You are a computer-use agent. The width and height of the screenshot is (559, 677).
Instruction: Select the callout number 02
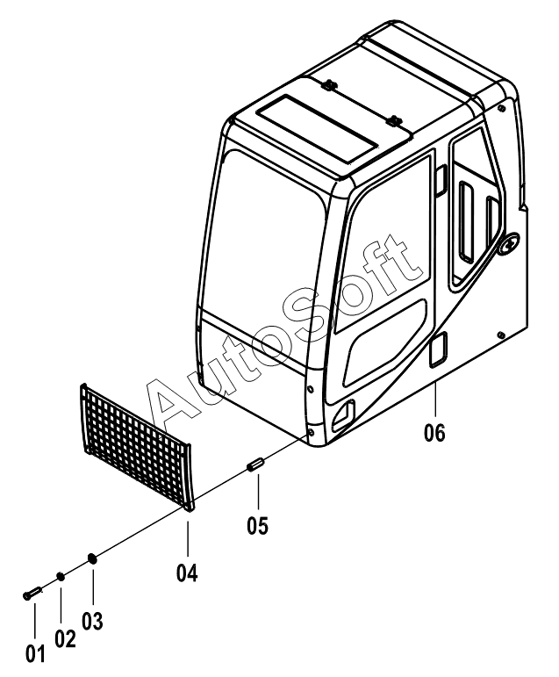(x=65, y=638)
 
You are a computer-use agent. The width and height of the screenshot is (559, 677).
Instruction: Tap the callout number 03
(x=93, y=621)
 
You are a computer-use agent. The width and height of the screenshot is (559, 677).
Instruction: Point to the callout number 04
(x=187, y=573)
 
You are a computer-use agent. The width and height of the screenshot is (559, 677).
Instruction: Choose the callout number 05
(x=258, y=525)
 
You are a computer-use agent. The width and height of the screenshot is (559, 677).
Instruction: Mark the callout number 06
(x=434, y=433)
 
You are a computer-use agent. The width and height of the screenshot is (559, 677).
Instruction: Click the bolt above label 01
(x=32, y=593)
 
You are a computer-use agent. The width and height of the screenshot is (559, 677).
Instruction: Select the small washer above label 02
(x=61, y=576)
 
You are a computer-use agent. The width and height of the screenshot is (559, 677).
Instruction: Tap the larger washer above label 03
(x=92, y=558)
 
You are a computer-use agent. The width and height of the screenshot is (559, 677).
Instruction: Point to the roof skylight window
(x=317, y=130)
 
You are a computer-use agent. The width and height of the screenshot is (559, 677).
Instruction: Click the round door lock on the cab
(x=509, y=245)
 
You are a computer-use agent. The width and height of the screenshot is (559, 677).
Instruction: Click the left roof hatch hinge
(x=329, y=84)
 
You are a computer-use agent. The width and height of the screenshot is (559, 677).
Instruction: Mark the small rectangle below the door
(x=439, y=349)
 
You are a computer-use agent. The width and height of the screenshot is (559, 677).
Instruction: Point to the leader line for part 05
(x=258, y=492)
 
